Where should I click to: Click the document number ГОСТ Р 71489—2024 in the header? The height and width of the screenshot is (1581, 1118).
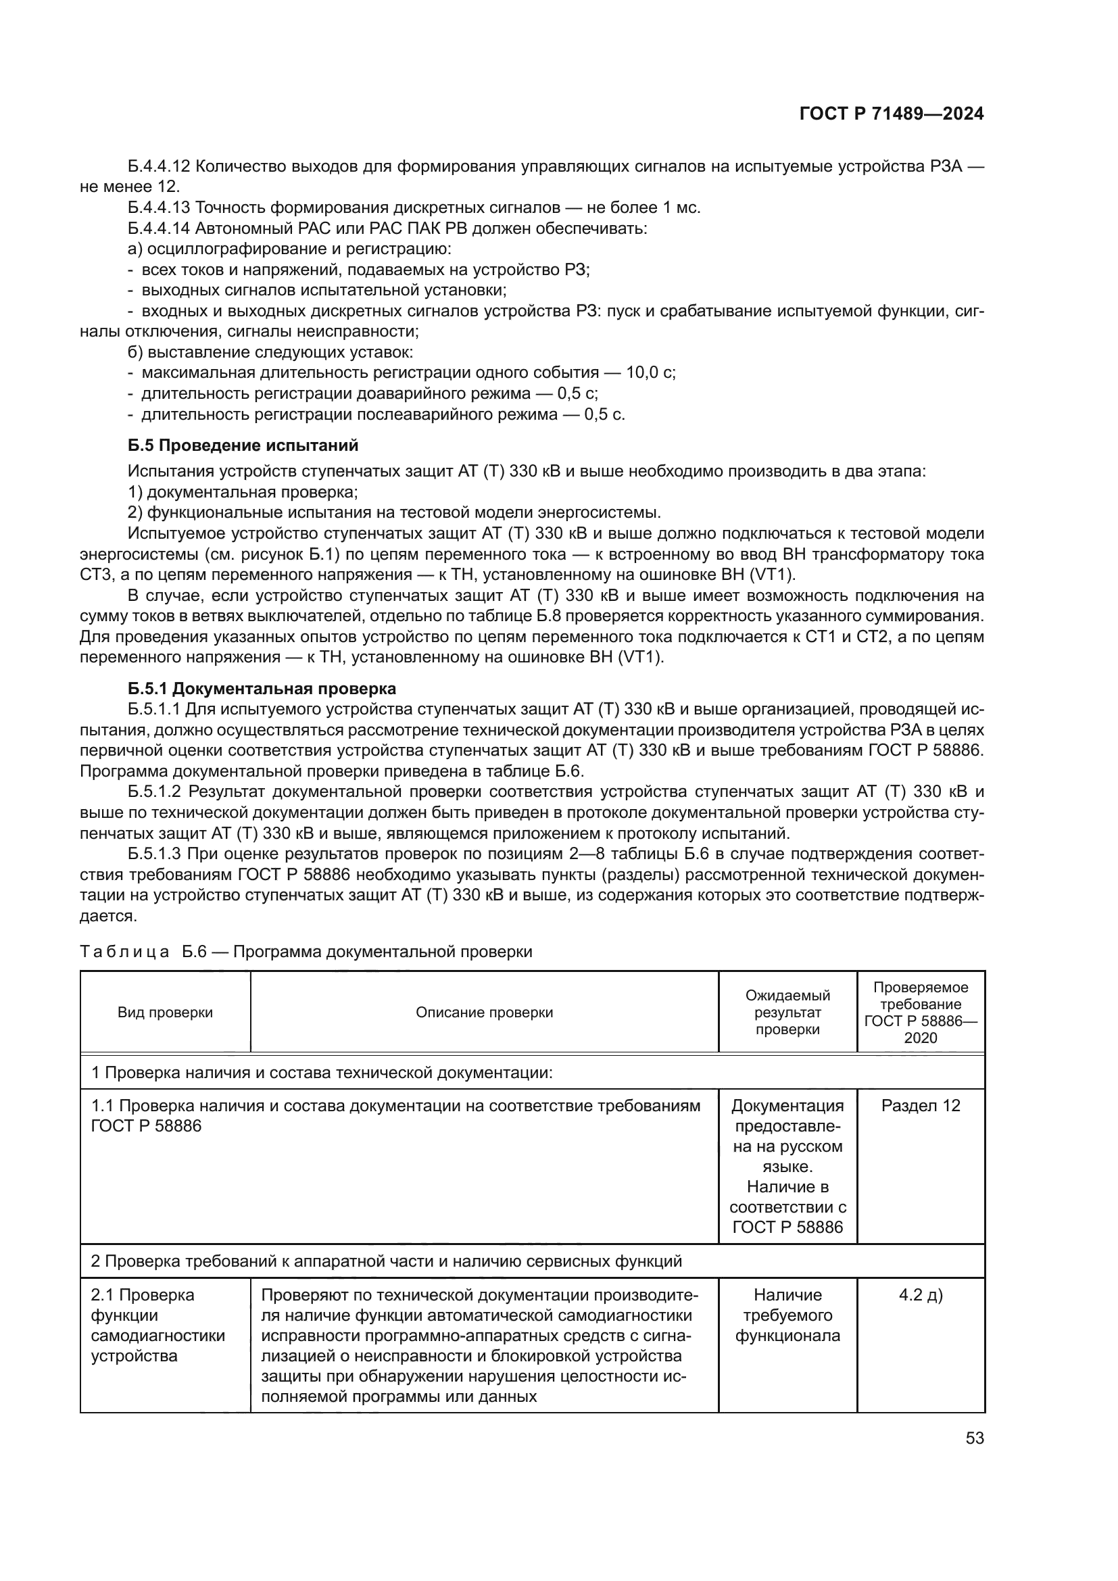click(891, 114)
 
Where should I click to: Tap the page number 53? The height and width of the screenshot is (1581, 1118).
click(974, 1438)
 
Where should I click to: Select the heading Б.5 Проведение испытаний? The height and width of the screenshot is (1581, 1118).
click(243, 445)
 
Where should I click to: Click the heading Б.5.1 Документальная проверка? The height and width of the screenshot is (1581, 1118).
click(262, 689)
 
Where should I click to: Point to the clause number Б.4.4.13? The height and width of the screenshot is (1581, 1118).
click(159, 208)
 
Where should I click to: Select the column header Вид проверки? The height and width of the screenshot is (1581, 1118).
click(165, 1013)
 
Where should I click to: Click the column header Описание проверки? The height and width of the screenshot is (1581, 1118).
click(484, 1013)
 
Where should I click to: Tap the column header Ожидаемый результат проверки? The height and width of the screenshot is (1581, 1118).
click(787, 1013)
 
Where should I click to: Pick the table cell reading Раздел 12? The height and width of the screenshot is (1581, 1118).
click(921, 1106)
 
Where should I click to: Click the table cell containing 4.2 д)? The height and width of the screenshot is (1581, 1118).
click(921, 1295)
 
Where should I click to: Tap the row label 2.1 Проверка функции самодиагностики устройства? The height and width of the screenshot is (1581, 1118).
click(157, 1325)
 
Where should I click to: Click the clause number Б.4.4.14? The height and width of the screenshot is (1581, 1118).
click(159, 228)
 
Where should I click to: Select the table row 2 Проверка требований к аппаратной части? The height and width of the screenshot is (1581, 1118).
click(386, 1261)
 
